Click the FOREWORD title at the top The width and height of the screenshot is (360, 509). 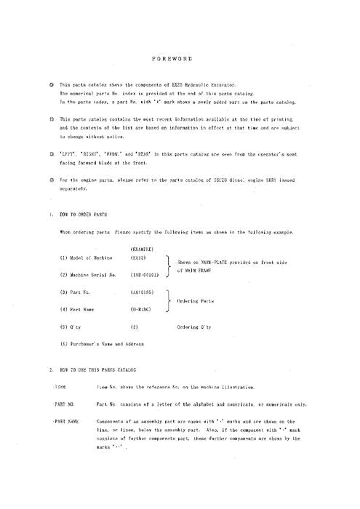(x=180, y=57)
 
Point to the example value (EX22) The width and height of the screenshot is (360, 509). (x=140, y=258)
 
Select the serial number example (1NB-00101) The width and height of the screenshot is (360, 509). (x=145, y=276)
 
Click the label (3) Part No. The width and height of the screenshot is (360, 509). (x=73, y=292)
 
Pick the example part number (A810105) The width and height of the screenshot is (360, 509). (x=143, y=292)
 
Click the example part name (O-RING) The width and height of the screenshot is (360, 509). (x=142, y=309)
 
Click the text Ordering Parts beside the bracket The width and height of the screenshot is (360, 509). (x=194, y=300)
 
